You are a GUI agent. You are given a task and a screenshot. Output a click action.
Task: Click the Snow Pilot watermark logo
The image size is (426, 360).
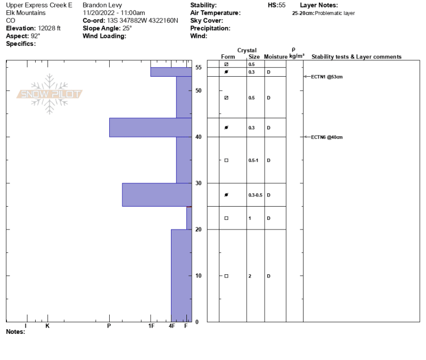click(x=50, y=94)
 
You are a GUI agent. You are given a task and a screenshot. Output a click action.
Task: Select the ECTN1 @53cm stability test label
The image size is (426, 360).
click(x=326, y=77)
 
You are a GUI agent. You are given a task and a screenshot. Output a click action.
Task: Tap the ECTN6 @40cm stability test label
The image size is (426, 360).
click(x=326, y=137)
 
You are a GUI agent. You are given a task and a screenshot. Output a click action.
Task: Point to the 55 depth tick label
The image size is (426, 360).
click(x=199, y=68)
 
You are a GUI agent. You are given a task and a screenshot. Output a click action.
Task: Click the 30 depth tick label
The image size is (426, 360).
click(x=199, y=183)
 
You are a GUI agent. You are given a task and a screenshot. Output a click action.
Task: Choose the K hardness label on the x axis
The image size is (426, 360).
click(x=47, y=326)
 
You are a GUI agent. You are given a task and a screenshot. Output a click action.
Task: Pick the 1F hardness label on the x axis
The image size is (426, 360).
click(x=151, y=326)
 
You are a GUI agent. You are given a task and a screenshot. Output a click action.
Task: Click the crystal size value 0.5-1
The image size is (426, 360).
click(x=253, y=160)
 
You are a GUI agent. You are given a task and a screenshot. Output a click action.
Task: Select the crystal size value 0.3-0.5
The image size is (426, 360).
click(x=256, y=195)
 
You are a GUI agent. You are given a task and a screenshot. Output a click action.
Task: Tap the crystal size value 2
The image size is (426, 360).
click(x=250, y=276)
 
